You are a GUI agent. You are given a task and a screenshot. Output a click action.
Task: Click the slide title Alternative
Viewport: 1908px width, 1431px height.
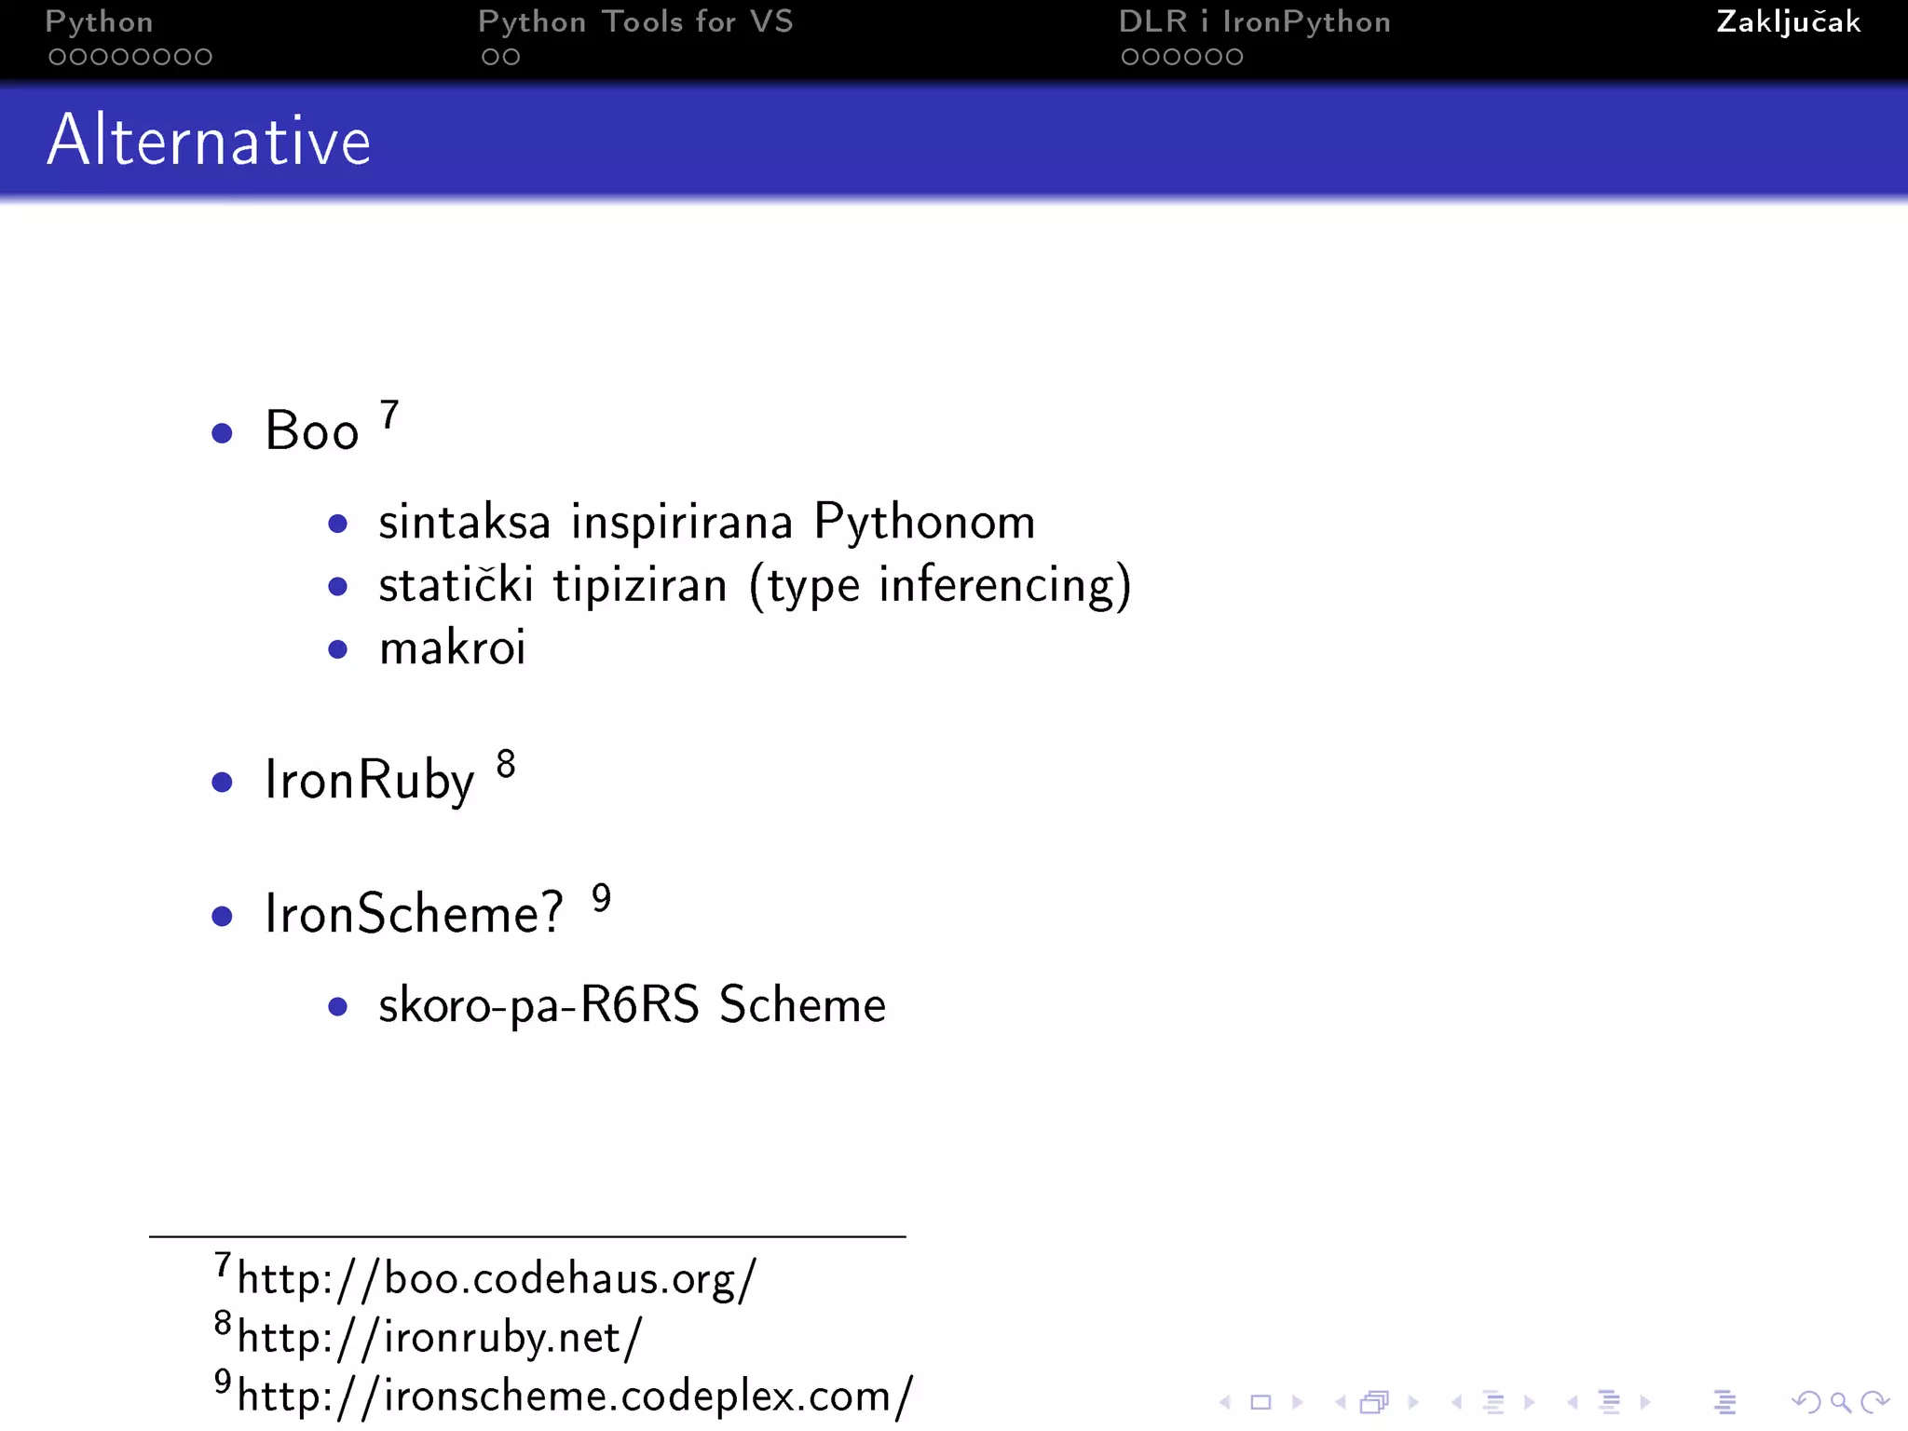209,140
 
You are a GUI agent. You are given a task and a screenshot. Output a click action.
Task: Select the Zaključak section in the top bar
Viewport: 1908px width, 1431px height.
1788,22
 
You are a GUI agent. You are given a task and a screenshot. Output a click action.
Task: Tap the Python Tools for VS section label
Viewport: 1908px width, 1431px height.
635,22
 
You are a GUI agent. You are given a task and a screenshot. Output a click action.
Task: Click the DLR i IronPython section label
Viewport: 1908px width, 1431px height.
1254,22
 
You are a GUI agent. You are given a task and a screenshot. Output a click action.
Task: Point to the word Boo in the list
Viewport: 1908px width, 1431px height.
312,431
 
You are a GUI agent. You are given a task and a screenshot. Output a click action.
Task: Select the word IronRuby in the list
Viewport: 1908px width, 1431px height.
370,780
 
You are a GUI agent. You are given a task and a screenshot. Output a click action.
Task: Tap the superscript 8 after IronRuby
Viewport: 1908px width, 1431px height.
506,764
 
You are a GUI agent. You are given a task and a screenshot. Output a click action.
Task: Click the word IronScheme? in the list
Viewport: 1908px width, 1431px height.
415,913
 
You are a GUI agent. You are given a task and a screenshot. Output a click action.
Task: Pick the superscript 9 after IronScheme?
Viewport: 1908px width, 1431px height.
602,898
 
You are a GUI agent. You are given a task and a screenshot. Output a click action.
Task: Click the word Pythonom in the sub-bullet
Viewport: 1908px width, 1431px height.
924,522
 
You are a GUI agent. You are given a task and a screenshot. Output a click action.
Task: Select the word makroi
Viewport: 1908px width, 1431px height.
453,647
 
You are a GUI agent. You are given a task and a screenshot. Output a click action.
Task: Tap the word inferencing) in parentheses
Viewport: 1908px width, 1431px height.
1005,585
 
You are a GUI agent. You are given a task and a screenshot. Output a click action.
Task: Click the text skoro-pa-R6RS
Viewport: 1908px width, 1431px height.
538,1005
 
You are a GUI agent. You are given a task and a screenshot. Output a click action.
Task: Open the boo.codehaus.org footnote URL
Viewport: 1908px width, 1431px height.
497,1278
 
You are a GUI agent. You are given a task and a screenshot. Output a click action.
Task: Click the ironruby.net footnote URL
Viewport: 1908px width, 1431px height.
440,1338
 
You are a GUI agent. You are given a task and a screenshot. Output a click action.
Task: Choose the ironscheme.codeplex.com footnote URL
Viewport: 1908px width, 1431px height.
575,1397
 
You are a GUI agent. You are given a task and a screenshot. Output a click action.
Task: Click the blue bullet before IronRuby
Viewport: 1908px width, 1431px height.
222,782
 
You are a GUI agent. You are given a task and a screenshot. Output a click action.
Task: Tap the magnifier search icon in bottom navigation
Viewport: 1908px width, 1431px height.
1840,1401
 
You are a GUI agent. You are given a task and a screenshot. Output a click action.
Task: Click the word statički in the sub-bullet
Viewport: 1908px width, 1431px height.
456,585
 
